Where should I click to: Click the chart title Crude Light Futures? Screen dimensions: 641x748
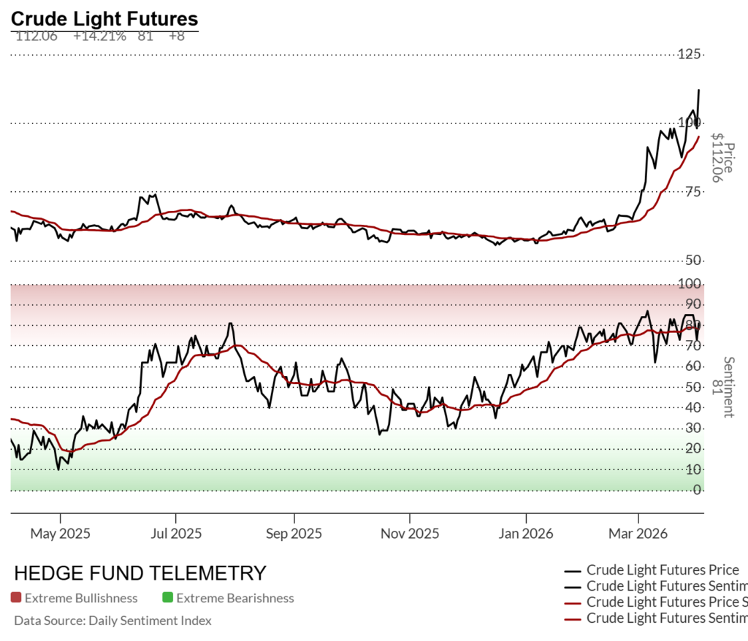(x=104, y=18)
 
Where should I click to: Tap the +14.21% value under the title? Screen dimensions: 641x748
(x=99, y=36)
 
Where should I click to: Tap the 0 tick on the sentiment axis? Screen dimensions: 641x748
(x=698, y=489)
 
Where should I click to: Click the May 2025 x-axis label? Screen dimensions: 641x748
(x=60, y=534)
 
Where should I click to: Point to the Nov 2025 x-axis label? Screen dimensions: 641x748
(x=409, y=534)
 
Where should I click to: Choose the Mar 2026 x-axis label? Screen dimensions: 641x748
(x=638, y=534)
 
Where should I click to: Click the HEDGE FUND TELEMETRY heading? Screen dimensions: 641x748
(x=140, y=573)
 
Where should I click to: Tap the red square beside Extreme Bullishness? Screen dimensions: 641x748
(x=16, y=598)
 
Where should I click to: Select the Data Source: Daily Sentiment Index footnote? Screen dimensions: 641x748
(x=112, y=621)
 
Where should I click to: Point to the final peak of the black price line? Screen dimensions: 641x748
(x=699, y=90)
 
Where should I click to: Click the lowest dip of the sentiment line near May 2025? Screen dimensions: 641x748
(x=58, y=469)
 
